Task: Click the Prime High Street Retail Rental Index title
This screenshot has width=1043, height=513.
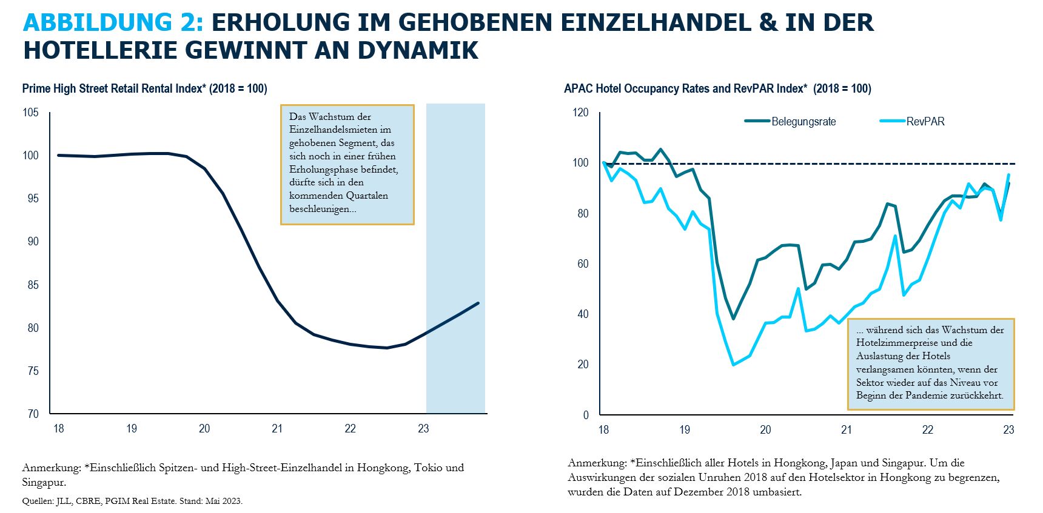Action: [x=144, y=88]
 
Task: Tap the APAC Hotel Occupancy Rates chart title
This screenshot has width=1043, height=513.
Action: [x=717, y=88]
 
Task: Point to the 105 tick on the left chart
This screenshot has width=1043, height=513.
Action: [x=30, y=112]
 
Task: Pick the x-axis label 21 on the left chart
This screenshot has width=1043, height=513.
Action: [x=277, y=429]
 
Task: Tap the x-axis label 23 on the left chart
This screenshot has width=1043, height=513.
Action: [x=423, y=429]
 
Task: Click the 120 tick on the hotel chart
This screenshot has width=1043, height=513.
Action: [x=580, y=112]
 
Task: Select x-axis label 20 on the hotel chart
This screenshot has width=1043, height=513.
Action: [x=765, y=430]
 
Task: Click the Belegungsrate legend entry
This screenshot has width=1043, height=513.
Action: [x=803, y=122]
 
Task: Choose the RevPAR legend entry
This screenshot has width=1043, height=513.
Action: [x=925, y=122]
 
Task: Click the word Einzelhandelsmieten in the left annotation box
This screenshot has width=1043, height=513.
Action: [x=340, y=130]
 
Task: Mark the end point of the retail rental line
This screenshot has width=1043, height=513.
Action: [x=478, y=303]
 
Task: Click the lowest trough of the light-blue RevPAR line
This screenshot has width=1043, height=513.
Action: [x=734, y=365]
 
